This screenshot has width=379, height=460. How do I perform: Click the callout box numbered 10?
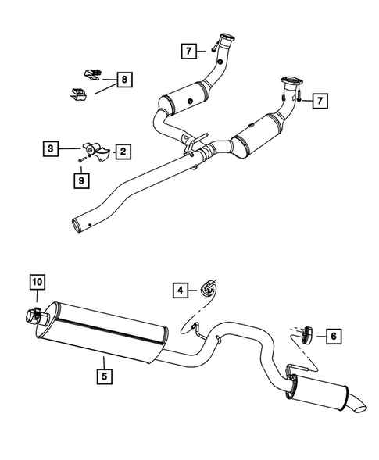pos(38,282)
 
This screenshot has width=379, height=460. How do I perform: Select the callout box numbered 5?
pos(104,375)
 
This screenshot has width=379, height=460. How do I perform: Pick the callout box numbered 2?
pos(123,152)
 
